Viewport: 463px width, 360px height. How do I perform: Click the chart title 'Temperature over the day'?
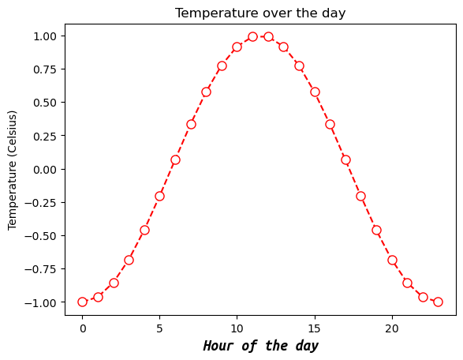click(260, 13)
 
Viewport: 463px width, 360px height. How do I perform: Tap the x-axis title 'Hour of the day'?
click(260, 346)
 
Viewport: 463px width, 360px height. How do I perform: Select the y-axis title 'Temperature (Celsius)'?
click(13, 169)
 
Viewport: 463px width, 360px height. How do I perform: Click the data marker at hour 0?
click(82, 302)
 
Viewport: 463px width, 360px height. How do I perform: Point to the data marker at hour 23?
click(438, 302)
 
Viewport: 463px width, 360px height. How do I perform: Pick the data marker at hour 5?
click(159, 196)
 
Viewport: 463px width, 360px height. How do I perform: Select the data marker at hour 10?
click(237, 47)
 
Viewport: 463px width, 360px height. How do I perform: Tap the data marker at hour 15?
click(315, 92)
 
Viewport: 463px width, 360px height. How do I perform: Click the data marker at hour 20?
click(392, 260)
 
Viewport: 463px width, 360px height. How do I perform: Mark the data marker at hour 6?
click(175, 159)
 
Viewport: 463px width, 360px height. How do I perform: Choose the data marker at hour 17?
click(345, 159)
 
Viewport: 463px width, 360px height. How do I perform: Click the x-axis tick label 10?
click(237, 327)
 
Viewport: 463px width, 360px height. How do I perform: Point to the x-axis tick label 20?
click(392, 327)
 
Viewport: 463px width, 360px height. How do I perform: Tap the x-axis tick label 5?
click(159, 327)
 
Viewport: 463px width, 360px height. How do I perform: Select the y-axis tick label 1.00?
click(44, 36)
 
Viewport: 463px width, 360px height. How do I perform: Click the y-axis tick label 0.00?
click(44, 169)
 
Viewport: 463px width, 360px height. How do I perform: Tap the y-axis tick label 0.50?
click(44, 103)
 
